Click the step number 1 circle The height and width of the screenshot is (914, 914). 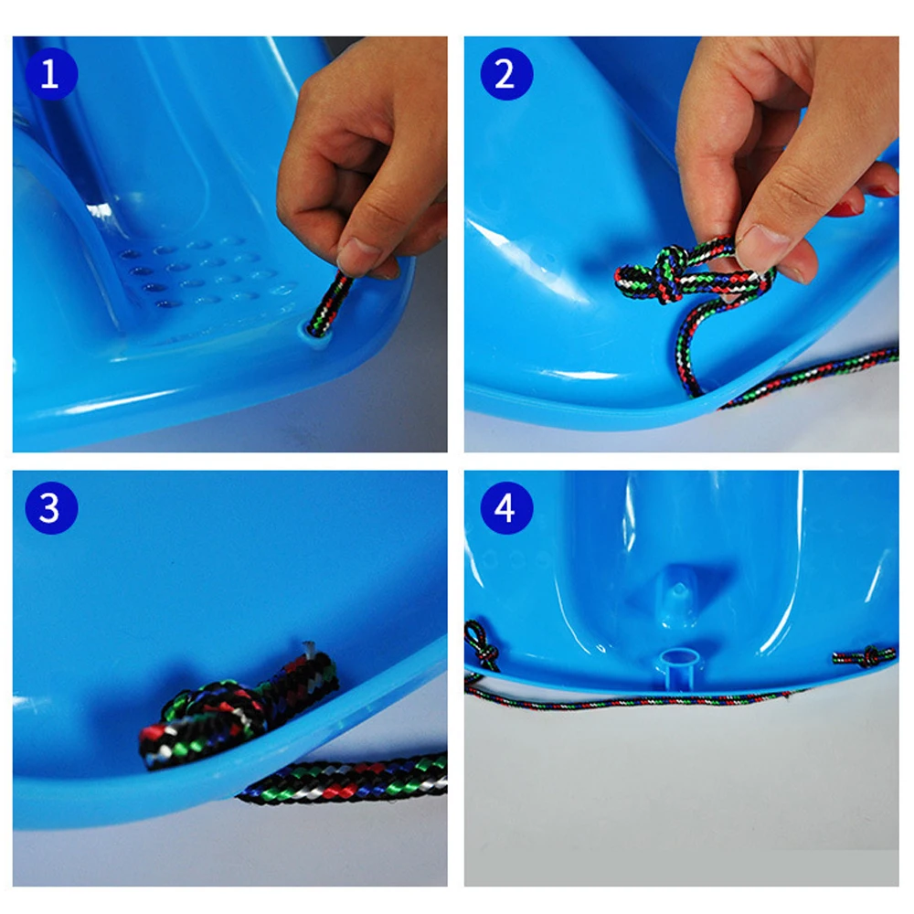50,74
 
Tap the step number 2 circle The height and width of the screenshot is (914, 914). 506,74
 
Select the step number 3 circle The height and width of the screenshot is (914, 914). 50,507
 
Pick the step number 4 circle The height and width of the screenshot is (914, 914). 506,507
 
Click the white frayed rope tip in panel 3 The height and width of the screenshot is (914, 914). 308,649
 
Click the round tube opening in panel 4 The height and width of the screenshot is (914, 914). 680,659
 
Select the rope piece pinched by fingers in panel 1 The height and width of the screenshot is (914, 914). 329,303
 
